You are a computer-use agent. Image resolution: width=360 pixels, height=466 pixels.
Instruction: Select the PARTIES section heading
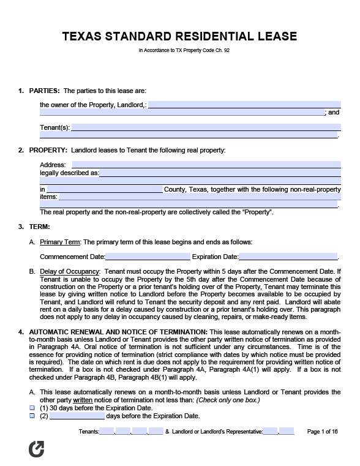(44, 91)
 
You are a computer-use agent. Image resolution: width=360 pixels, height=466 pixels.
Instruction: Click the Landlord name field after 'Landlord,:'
(244, 105)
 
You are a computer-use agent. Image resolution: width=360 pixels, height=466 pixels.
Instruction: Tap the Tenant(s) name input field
(206, 127)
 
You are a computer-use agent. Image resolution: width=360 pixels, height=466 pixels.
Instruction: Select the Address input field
(206, 165)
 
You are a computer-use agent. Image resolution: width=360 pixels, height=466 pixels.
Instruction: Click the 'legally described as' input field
(220, 173)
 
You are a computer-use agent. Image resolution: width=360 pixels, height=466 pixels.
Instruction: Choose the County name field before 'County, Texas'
(104, 190)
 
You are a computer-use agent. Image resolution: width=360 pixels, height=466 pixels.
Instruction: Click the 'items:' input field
(199, 197)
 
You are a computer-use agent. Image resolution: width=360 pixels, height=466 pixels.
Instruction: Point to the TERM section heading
(39, 227)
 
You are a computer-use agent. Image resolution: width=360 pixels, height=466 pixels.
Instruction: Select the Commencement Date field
(148, 257)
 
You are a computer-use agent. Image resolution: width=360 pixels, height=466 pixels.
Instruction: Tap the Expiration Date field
(288, 257)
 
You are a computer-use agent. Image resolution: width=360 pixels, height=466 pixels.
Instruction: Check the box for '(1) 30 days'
(32, 408)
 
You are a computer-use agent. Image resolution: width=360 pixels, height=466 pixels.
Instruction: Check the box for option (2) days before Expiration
(32, 416)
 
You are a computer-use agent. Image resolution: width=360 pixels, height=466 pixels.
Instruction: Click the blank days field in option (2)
(77, 416)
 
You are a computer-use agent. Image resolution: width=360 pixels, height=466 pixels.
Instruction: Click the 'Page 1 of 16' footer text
(321, 432)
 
